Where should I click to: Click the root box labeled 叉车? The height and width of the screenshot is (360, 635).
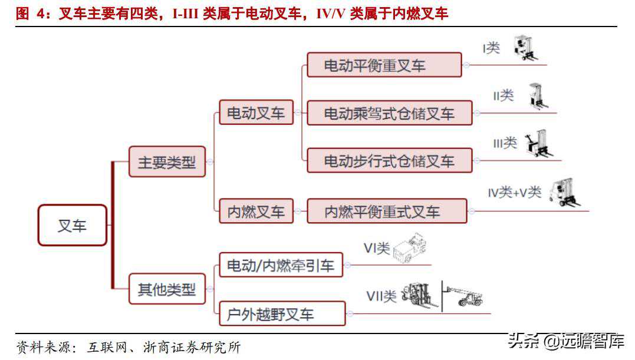[x=73, y=225]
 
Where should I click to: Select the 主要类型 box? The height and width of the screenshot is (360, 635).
[x=167, y=162]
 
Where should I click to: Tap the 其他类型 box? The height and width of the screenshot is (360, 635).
[x=167, y=289]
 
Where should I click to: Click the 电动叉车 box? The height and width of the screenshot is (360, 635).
[x=256, y=113]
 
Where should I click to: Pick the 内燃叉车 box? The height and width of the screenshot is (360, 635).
[x=256, y=211]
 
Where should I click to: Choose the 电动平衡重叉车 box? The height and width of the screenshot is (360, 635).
[x=384, y=65]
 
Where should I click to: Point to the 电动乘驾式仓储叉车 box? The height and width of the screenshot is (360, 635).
[x=390, y=113]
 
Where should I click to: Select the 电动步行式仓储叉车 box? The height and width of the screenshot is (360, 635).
[x=390, y=161]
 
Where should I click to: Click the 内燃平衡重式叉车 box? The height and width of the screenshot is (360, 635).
[x=387, y=211]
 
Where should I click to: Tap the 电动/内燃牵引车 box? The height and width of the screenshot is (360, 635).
[x=281, y=265]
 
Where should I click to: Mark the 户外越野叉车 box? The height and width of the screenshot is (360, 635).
[x=282, y=313]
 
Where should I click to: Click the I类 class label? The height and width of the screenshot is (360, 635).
[x=491, y=48]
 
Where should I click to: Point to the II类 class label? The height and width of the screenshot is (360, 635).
[x=504, y=96]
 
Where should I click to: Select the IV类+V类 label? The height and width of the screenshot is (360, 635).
[x=515, y=192]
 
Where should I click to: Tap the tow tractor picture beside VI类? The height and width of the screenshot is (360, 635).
[x=410, y=247]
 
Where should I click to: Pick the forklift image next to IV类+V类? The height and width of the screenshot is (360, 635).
[x=564, y=192]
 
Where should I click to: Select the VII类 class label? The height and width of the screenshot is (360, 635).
[x=381, y=296]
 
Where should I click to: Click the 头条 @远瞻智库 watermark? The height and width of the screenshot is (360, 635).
[x=566, y=341]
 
